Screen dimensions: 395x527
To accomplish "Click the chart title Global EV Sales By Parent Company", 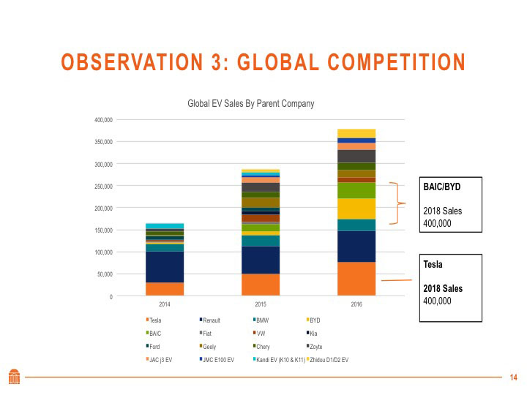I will click(x=251, y=104).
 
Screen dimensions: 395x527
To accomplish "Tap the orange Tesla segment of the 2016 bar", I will click(x=356, y=279).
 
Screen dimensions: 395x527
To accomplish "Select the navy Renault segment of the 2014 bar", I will click(x=165, y=266).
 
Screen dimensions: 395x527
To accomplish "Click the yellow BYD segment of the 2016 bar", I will click(x=356, y=208).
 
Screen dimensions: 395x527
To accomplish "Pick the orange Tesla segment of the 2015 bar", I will click(x=261, y=285).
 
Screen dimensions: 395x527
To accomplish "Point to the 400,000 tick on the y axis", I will click(x=103, y=120).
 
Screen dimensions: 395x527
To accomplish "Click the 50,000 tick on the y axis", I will click(x=105, y=274).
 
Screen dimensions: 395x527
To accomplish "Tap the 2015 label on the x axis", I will click(x=261, y=304).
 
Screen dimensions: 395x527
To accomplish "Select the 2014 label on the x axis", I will click(x=165, y=304).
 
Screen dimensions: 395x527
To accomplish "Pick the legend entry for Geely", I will click(x=209, y=347).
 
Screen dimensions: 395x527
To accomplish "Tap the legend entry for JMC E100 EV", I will click(x=217, y=360).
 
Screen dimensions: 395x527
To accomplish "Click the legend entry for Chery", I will click(x=262, y=347).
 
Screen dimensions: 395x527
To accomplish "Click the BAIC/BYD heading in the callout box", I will click(x=441, y=187).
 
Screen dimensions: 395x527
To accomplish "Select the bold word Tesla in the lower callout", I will click(x=433, y=265).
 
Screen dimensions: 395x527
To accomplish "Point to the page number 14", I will click(x=513, y=377).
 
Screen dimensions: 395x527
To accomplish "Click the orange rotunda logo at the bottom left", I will click(x=14, y=375).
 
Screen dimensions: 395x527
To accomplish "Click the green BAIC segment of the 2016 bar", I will click(x=356, y=190).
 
